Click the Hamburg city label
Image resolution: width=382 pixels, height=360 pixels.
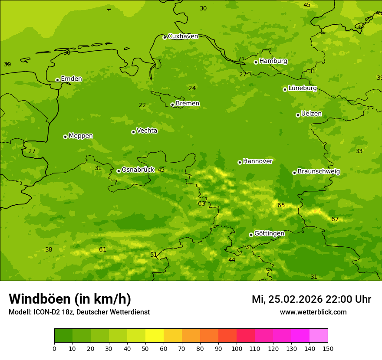tap(273, 61)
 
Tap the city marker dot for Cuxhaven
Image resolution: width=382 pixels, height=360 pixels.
tap(165, 37)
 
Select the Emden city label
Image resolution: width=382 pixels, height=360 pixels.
tap(71, 79)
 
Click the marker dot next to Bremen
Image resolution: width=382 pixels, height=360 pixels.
tap(172, 105)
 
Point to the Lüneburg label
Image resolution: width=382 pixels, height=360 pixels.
tap(303, 88)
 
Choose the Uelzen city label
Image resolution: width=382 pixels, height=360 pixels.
tap(311, 114)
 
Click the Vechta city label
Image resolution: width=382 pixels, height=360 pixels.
tap(147, 131)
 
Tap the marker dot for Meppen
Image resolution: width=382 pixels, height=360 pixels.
tap(65, 137)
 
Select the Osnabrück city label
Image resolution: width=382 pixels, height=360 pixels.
tap(138, 170)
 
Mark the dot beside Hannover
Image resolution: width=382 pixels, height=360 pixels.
tap(240, 162)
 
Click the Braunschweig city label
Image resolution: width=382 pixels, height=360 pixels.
tap(319, 172)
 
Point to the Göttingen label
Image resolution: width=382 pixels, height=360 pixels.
tap(269, 233)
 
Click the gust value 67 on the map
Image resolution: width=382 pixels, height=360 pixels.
tap(335, 219)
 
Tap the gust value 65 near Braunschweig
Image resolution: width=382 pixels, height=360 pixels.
tap(281, 205)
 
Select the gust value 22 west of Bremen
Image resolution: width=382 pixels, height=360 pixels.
tap(142, 105)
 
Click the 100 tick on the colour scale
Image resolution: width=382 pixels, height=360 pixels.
tap(237, 348)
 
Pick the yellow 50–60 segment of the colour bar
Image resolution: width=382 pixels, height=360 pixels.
tap(155, 336)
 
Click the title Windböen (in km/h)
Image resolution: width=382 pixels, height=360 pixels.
tap(70, 299)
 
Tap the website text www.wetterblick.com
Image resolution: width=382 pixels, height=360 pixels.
tap(313, 312)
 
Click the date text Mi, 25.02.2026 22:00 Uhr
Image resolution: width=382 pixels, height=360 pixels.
tap(311, 299)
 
